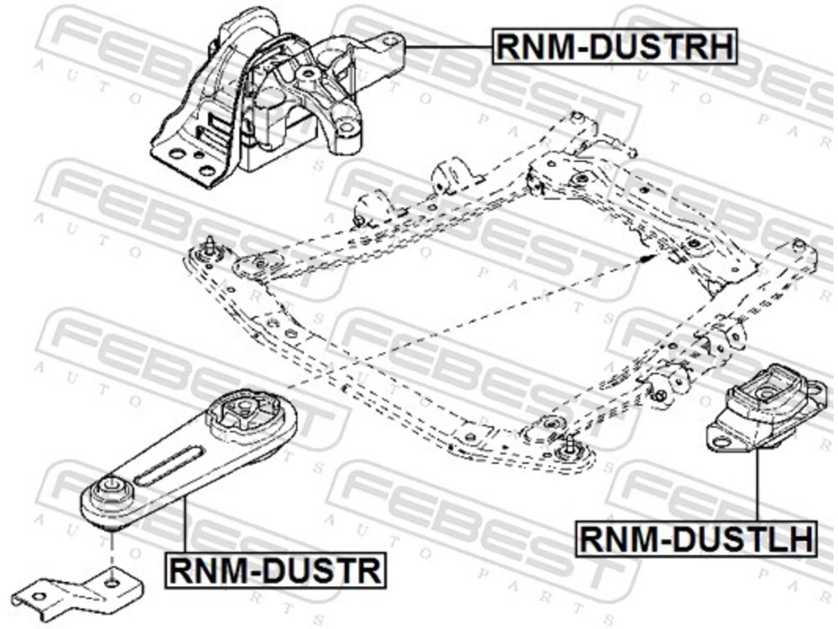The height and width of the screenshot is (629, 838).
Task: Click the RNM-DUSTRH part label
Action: tap(614, 46)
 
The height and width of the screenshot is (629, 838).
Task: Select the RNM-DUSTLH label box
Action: tap(696, 539)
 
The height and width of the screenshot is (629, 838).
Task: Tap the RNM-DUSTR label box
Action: tap(275, 570)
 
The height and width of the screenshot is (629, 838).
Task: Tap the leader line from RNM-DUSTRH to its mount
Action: tap(448, 47)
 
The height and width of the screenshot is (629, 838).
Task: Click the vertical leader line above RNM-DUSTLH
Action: tap(757, 485)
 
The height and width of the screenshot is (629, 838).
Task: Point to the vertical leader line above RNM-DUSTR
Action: tap(185, 524)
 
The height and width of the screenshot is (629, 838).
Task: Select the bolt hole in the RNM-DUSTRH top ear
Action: tap(390, 40)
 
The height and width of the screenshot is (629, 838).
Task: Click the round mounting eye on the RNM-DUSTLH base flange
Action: tap(720, 442)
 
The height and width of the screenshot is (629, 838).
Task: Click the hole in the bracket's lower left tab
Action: tap(39, 596)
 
